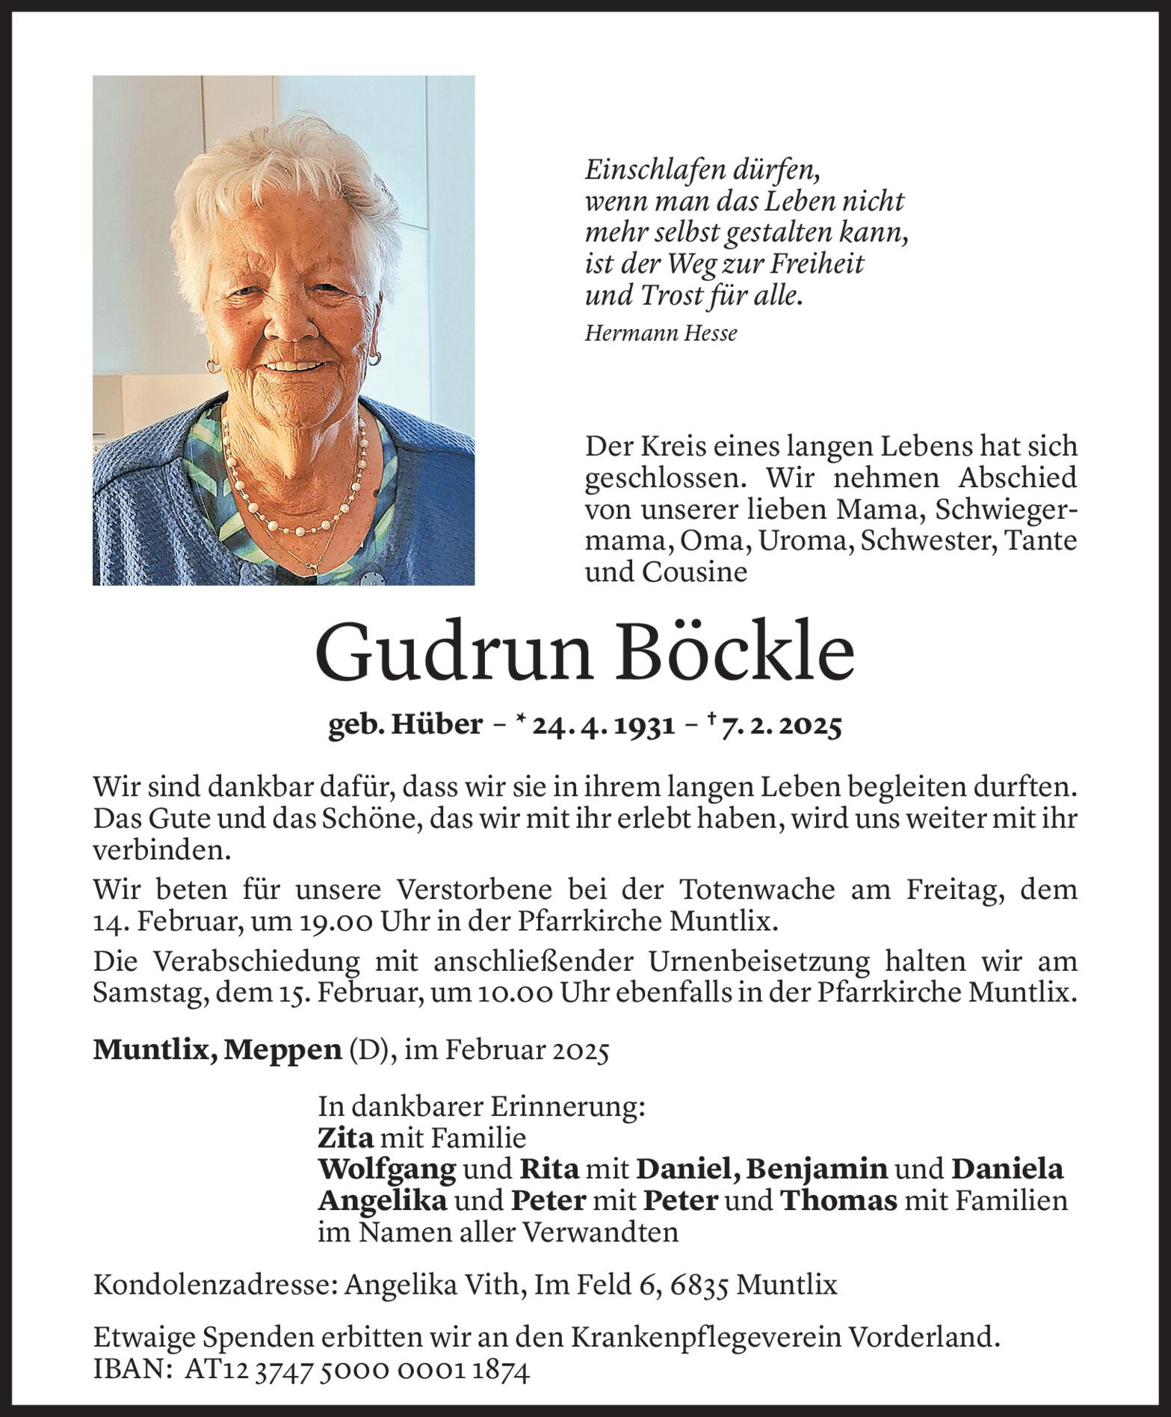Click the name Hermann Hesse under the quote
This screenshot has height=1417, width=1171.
point(660,333)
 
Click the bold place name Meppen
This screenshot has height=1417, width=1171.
point(284,1050)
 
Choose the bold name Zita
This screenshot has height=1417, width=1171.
point(345,1138)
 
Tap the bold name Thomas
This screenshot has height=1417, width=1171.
point(838,1201)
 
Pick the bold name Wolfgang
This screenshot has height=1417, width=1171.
point(386,1170)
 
